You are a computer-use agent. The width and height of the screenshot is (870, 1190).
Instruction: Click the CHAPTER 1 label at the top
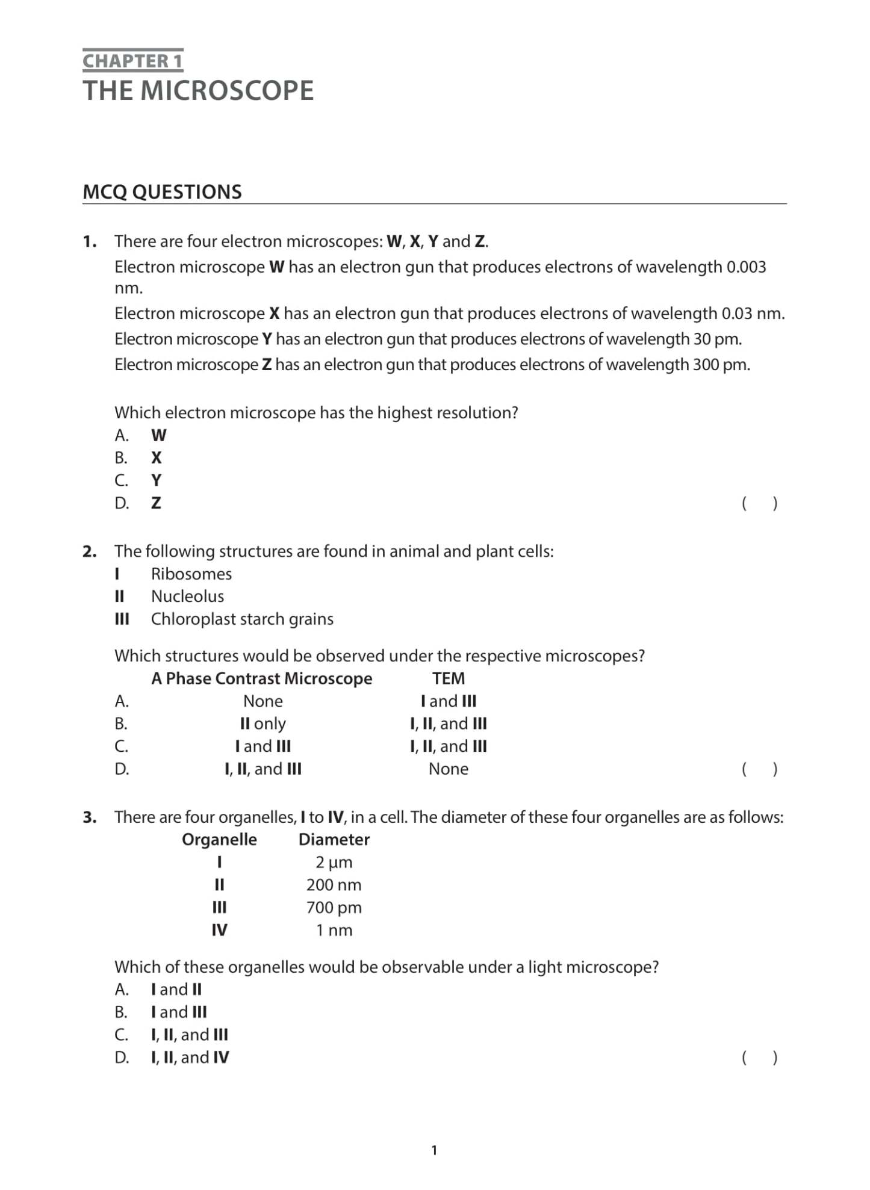pyautogui.click(x=132, y=61)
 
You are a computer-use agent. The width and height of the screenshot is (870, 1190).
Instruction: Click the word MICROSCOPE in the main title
pyautogui.click(x=227, y=91)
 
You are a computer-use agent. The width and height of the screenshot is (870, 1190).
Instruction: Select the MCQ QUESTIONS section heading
pyautogui.click(x=162, y=192)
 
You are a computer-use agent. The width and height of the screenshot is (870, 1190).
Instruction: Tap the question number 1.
pyautogui.click(x=89, y=242)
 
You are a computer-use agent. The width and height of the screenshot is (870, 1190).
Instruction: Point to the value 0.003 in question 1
pyautogui.click(x=746, y=267)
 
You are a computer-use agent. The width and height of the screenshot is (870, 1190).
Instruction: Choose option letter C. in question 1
pyautogui.click(x=122, y=480)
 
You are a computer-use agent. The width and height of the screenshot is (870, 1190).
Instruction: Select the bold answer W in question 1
pyautogui.click(x=159, y=435)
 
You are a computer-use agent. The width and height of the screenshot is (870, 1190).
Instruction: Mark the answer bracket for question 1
pyautogui.click(x=759, y=503)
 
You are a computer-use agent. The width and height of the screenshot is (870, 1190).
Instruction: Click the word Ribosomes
pyautogui.click(x=191, y=574)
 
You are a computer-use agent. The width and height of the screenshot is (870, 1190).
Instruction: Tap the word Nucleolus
pyautogui.click(x=187, y=597)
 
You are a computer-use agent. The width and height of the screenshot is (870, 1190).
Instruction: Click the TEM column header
pyautogui.click(x=448, y=678)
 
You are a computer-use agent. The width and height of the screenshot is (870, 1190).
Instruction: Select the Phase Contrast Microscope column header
pyautogui.click(x=262, y=678)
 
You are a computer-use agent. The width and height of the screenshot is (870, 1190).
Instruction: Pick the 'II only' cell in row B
pyautogui.click(x=263, y=724)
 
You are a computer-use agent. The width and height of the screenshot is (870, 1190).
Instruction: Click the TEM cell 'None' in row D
pyautogui.click(x=448, y=769)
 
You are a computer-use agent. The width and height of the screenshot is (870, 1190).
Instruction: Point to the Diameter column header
pyautogui.click(x=334, y=840)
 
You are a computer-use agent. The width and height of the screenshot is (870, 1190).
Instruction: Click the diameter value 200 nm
pyautogui.click(x=334, y=885)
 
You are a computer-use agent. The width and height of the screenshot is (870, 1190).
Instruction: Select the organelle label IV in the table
pyautogui.click(x=219, y=930)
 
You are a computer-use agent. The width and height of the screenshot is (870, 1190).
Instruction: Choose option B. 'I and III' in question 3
pyautogui.click(x=179, y=1012)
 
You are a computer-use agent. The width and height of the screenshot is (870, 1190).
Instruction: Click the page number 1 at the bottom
pyautogui.click(x=434, y=1150)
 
